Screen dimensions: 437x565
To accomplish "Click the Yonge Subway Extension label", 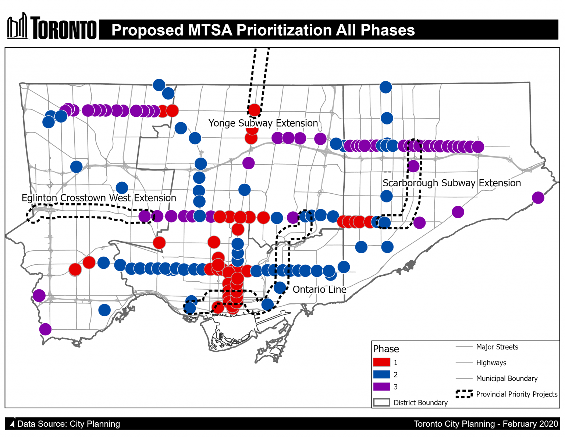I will click(263, 123).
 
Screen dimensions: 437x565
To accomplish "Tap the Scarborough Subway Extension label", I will click(452, 183).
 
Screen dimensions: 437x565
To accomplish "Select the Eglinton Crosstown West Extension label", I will click(99, 198).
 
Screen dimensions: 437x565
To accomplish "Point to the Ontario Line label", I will click(319, 289).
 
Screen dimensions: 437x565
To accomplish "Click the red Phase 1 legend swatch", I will click(381, 362).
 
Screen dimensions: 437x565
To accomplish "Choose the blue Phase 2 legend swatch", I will click(381, 374).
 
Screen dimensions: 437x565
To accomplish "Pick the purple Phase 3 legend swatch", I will click(381, 387).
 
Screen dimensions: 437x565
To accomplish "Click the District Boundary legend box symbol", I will click(381, 402).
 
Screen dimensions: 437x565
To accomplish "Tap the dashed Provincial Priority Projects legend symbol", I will click(464, 394).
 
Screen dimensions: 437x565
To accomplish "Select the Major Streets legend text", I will click(497, 347).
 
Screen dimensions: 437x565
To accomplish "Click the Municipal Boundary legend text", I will click(507, 378).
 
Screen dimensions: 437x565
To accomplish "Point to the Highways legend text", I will click(491, 363).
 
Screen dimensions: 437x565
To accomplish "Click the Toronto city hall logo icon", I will click(18, 27).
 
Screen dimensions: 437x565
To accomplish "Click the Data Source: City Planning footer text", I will click(68, 424).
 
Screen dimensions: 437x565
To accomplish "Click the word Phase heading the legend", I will click(386, 349).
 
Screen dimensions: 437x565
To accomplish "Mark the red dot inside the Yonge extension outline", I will click(254, 110).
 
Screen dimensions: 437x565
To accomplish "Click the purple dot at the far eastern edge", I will click(538, 198).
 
